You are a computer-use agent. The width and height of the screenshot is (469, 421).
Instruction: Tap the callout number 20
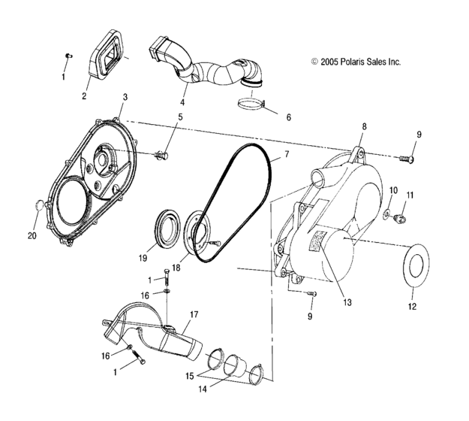32,235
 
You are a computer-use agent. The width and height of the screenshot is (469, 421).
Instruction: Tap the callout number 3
125,98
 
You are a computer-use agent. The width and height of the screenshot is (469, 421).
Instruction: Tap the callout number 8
365,126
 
